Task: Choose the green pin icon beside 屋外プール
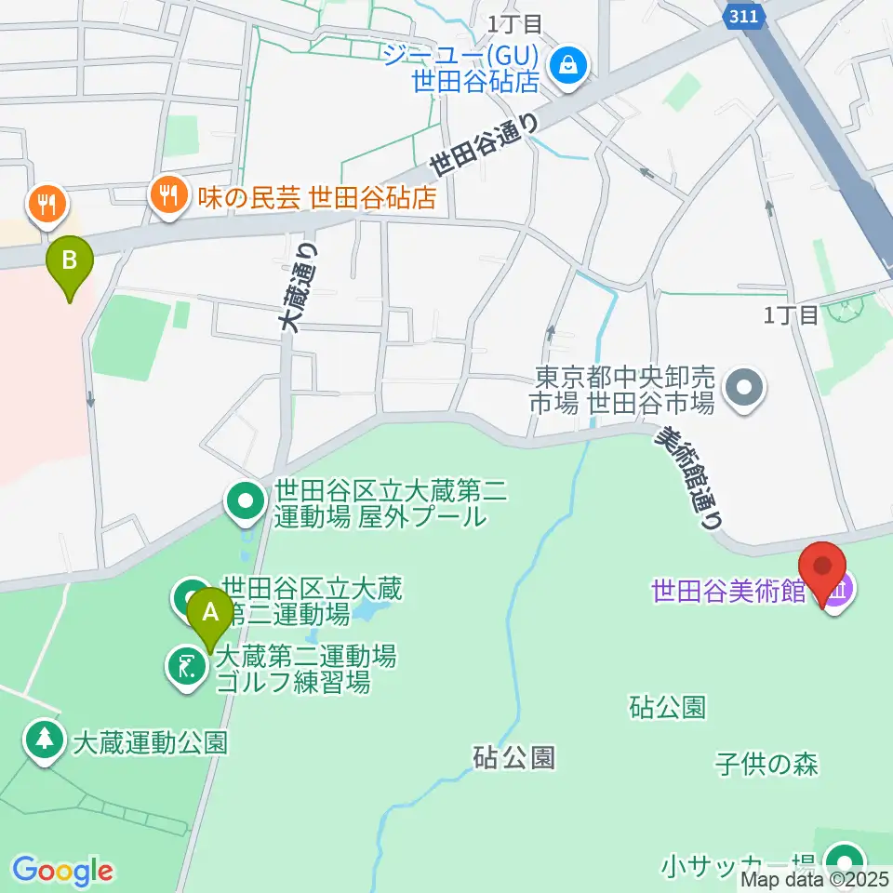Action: [246, 502]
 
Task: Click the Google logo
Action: [61, 871]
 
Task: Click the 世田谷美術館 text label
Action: [728, 592]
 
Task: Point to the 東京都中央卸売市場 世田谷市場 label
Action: [625, 390]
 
